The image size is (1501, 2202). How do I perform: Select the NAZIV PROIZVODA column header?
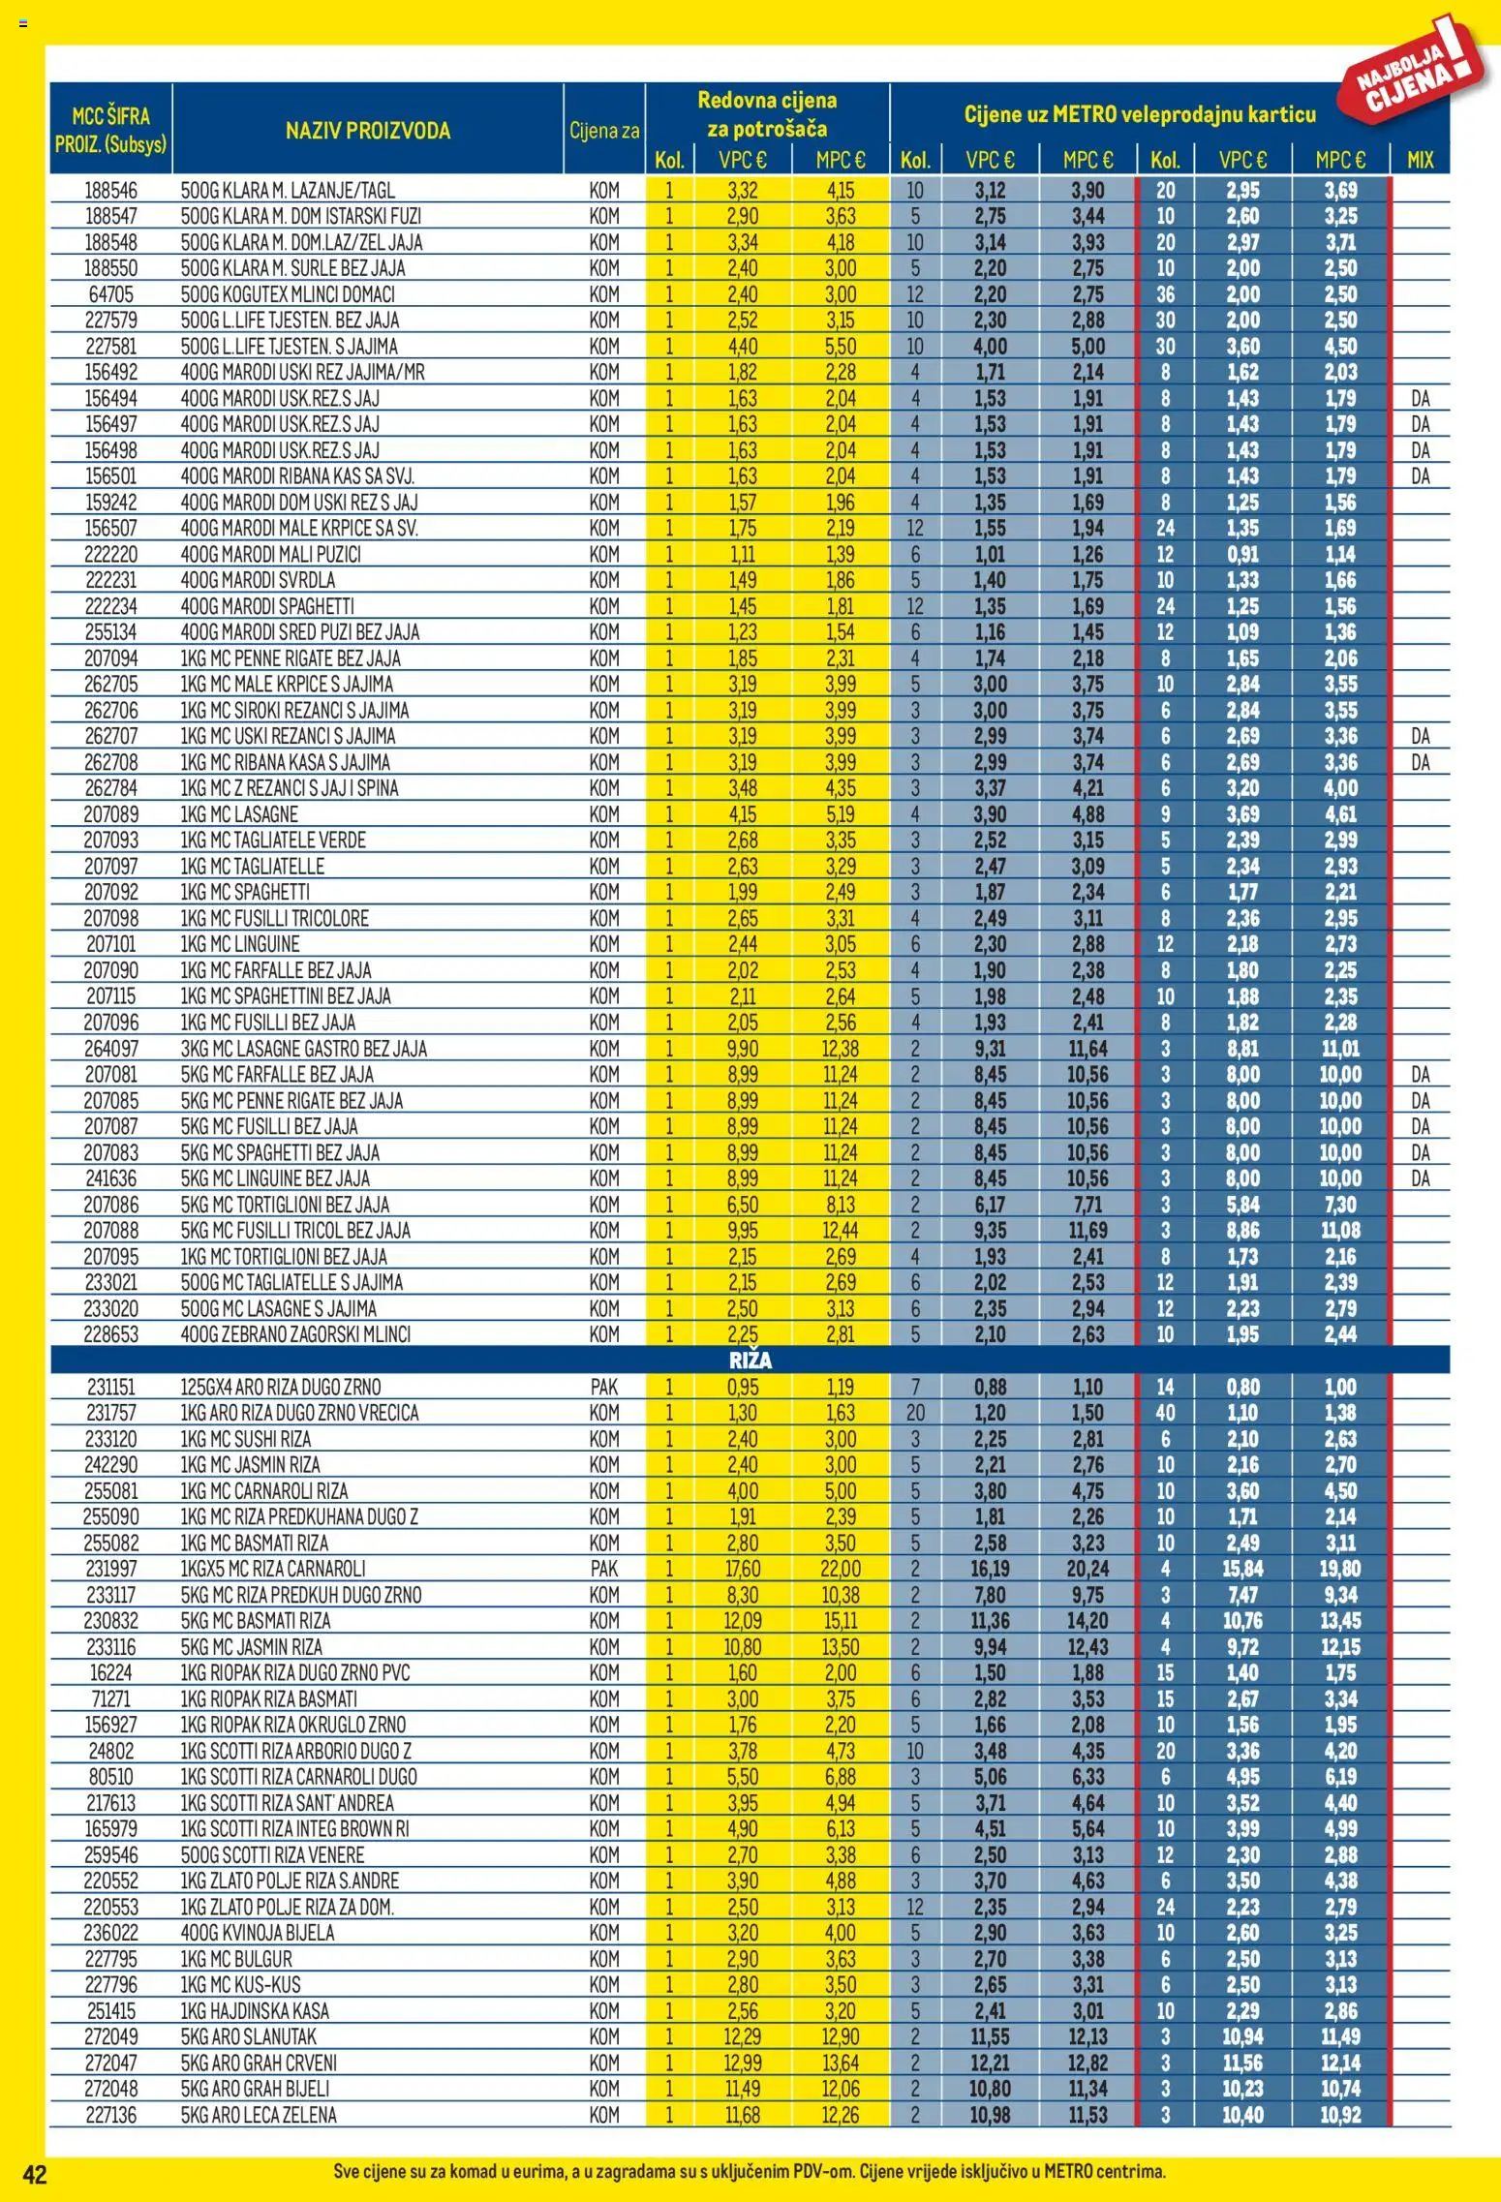point(368,131)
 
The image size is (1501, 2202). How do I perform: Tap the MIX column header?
point(1420,161)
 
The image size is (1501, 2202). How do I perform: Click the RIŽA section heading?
point(750,1361)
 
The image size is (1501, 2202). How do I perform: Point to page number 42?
point(35,2174)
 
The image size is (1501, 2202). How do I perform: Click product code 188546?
point(111,191)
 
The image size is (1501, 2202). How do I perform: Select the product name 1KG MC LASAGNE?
point(239,814)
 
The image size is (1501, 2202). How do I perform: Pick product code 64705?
point(111,294)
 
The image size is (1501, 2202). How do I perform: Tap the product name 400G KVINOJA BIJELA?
point(258,1932)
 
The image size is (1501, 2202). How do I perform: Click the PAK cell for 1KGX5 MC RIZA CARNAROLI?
point(603,1569)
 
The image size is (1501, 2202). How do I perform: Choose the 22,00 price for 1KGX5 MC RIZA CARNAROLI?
point(840,1569)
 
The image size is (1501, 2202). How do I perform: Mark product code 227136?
point(111,2114)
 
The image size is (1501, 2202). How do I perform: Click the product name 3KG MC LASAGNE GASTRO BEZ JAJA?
point(303,1049)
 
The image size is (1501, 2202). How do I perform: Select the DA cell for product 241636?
point(1420,1178)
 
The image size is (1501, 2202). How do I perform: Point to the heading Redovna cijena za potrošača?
point(767,114)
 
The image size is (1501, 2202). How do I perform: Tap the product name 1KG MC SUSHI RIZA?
point(246,1439)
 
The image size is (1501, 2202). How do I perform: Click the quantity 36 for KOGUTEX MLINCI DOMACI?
point(1165,294)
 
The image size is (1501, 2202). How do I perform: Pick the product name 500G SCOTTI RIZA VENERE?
point(272,1854)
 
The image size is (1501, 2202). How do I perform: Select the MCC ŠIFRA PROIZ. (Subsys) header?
point(111,130)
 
